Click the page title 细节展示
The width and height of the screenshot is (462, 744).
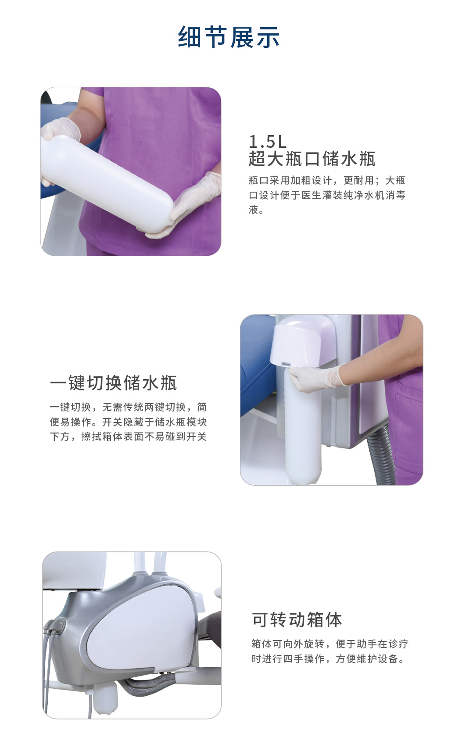(x=229, y=36)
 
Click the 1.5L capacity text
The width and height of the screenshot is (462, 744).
(x=267, y=142)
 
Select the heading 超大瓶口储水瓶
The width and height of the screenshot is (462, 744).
(x=312, y=159)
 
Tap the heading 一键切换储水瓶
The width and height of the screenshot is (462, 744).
(x=113, y=383)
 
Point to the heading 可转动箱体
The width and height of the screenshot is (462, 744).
(x=297, y=620)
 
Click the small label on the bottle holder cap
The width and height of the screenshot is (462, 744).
(x=286, y=364)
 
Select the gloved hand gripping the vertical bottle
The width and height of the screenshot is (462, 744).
(x=315, y=379)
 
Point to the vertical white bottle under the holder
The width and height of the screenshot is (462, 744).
(x=303, y=429)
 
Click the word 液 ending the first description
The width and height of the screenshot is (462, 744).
(x=253, y=210)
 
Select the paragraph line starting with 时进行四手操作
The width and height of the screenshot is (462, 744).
(x=328, y=658)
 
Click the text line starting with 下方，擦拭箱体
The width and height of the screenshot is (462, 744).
(x=128, y=436)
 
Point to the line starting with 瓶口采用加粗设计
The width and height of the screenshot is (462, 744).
(x=327, y=180)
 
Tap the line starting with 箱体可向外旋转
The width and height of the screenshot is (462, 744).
(x=329, y=644)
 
